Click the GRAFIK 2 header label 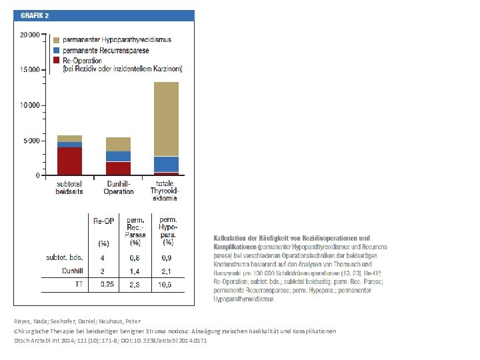(34, 15)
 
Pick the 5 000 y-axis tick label (30, 141)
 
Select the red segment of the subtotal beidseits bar (69, 161)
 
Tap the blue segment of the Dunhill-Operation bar (118, 156)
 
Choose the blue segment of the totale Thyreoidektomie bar (166, 164)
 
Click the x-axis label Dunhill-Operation (118, 187)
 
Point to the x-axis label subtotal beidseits (69, 187)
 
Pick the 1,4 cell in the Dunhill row (135, 271)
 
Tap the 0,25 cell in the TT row (106, 285)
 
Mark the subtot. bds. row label (64, 257)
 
